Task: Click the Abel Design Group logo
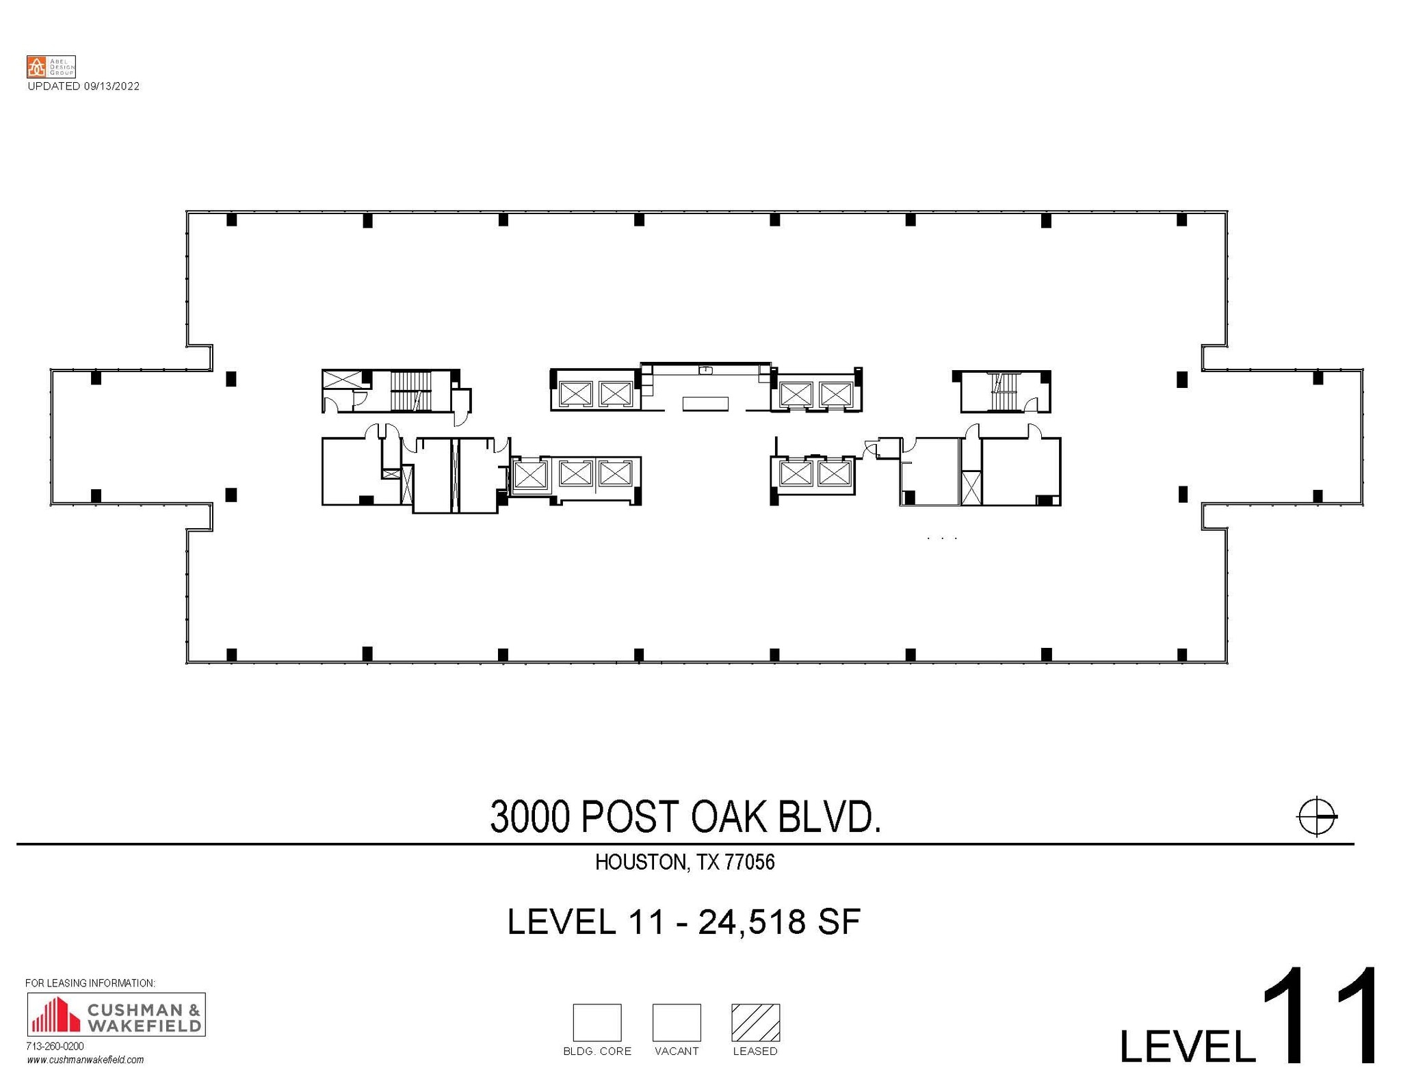pyautogui.click(x=51, y=67)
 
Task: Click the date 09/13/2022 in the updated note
pyautogui.click(x=112, y=86)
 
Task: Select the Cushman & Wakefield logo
pyautogui.click(x=116, y=1014)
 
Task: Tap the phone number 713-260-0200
pyautogui.click(x=55, y=1046)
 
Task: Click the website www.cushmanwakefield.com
pyautogui.click(x=86, y=1060)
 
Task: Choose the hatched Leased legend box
pyautogui.click(x=755, y=1022)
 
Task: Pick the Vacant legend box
pyautogui.click(x=676, y=1022)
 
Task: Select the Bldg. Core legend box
pyautogui.click(x=597, y=1022)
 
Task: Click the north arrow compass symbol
pyautogui.click(x=1316, y=816)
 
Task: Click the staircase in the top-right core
pyautogui.click(x=1004, y=391)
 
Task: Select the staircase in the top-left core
pyautogui.click(x=411, y=391)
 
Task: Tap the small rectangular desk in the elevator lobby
pyautogui.click(x=705, y=404)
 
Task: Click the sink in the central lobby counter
pyautogui.click(x=706, y=370)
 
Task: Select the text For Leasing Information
pyautogui.click(x=90, y=983)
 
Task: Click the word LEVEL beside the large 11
pyautogui.click(x=1187, y=1045)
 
